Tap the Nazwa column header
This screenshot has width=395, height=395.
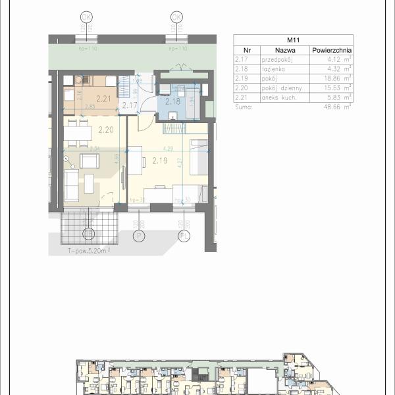click(285, 49)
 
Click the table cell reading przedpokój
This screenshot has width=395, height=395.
click(276, 58)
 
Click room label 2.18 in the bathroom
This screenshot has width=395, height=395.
click(172, 101)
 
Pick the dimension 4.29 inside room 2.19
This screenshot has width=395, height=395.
click(168, 149)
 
